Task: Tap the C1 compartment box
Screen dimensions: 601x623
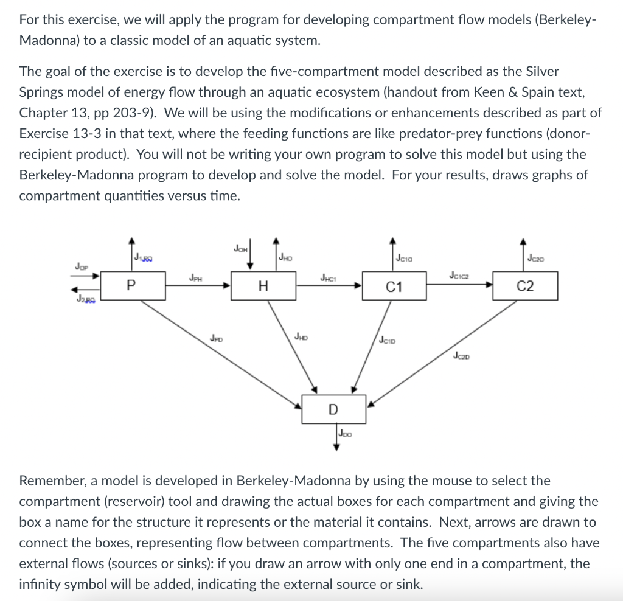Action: [394, 287]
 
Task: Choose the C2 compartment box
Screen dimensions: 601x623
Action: [525, 287]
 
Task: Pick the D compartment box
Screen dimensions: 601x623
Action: [333, 409]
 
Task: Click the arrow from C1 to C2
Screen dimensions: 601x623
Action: [462, 285]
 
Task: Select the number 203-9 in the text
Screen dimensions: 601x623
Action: [143, 113]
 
